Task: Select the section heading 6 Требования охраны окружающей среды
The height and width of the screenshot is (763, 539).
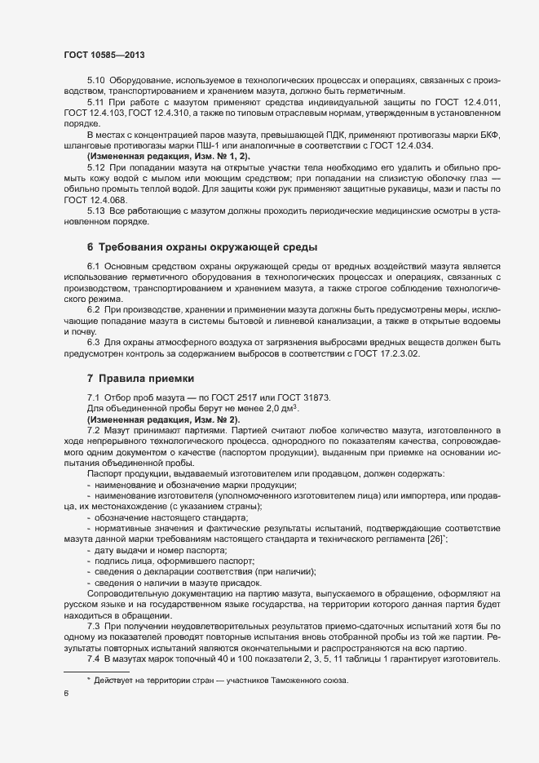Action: pos(202,246)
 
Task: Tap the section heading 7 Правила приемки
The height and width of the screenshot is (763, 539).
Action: pos(140,379)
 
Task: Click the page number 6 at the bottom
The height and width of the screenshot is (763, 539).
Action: pos(66,694)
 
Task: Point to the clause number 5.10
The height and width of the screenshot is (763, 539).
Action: pos(95,81)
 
